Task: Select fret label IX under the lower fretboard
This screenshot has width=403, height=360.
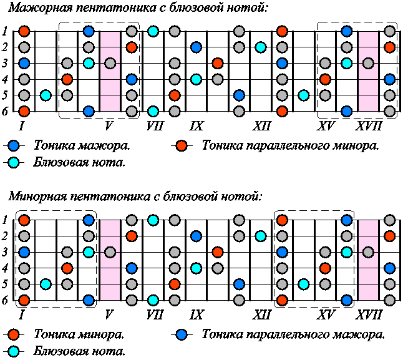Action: click(x=197, y=314)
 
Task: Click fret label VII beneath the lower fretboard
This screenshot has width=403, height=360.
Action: click(x=153, y=314)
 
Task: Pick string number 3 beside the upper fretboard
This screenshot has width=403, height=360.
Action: click(x=6, y=63)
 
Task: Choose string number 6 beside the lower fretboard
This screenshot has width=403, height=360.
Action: click(x=6, y=300)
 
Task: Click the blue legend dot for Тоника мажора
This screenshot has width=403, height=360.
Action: click(x=15, y=146)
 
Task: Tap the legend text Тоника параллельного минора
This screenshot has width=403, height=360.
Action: click(x=289, y=146)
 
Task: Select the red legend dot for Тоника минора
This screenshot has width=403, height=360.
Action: click(x=15, y=334)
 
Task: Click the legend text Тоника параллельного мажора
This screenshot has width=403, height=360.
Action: click(x=293, y=334)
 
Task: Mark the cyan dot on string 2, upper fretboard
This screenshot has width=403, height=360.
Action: click(x=261, y=47)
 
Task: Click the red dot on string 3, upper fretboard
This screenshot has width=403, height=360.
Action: click(x=217, y=63)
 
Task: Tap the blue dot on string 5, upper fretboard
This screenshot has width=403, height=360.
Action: click(x=239, y=95)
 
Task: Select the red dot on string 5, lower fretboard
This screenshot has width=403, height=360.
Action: click(x=175, y=284)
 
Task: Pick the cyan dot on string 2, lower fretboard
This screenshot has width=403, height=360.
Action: click(x=261, y=236)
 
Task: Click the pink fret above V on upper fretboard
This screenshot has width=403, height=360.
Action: click(x=110, y=72)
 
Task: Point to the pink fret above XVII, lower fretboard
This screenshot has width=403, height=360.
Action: click(x=368, y=261)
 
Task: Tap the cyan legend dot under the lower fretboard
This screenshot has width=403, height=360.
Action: click(x=15, y=351)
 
